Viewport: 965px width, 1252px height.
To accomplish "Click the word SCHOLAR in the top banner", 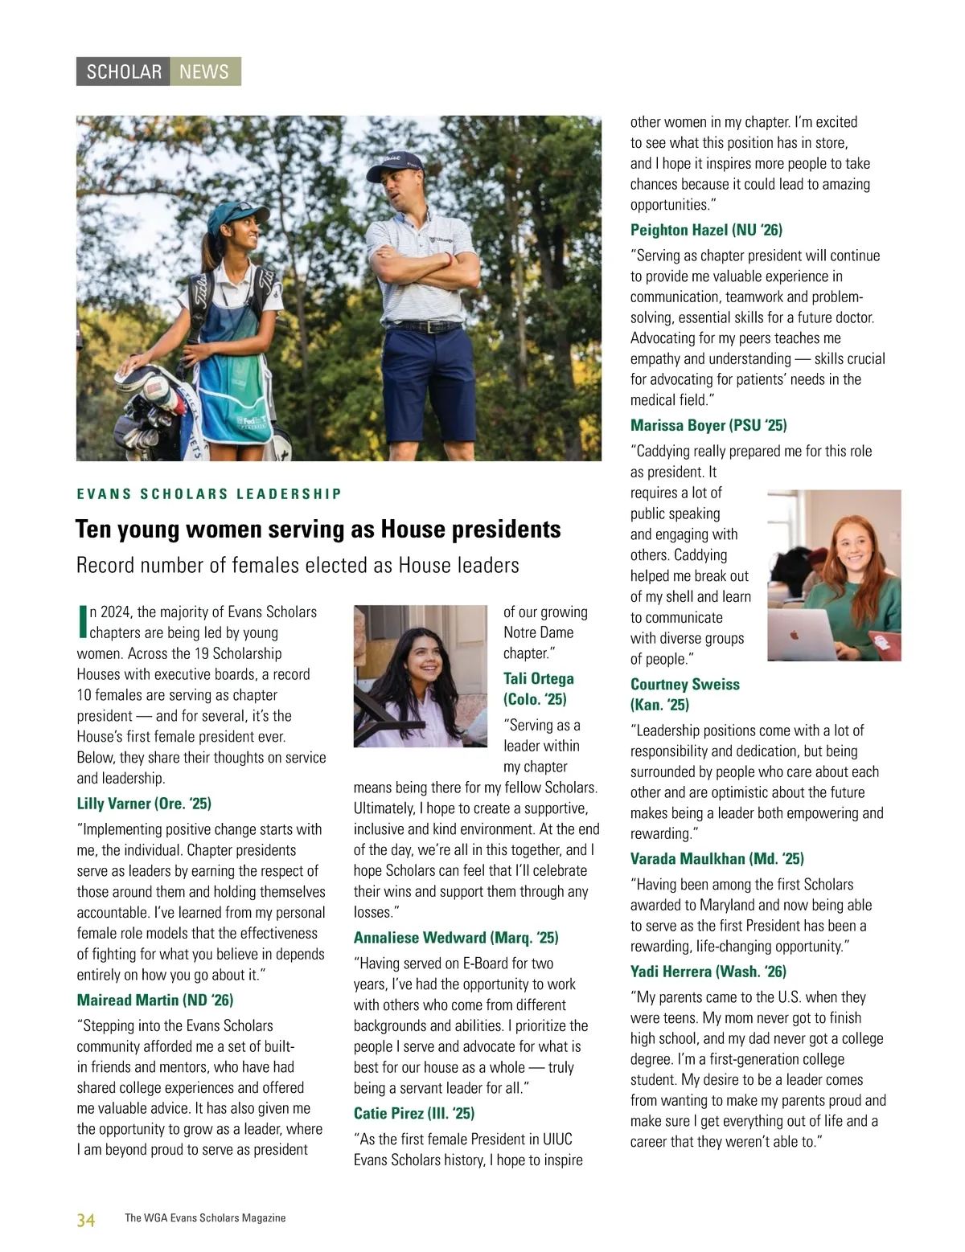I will pyautogui.click(x=124, y=72).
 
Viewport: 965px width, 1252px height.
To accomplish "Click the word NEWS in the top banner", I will pyautogui.click(x=204, y=72).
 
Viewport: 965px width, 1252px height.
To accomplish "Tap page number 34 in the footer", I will pyautogui.click(x=85, y=1220).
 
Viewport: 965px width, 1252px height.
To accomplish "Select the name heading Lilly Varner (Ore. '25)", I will pyautogui.click(x=144, y=804).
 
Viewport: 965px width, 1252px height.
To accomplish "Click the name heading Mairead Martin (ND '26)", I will pyautogui.click(x=154, y=1000).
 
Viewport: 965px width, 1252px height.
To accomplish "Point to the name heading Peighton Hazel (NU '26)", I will pyautogui.click(x=706, y=230).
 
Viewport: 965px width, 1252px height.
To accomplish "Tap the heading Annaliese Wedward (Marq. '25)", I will pyautogui.click(x=456, y=938).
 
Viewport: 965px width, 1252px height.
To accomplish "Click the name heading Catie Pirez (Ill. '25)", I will pyautogui.click(x=414, y=1113).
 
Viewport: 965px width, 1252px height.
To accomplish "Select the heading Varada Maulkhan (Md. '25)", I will pyautogui.click(x=717, y=858).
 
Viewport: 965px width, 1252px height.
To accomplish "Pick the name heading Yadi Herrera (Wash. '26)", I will pyautogui.click(x=708, y=972).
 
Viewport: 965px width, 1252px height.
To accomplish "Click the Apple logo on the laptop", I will pyautogui.click(x=795, y=634).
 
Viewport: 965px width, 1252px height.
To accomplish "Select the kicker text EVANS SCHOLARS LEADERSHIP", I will pyautogui.click(x=209, y=493).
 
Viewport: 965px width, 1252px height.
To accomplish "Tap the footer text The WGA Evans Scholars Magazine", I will pyautogui.click(x=205, y=1218).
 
